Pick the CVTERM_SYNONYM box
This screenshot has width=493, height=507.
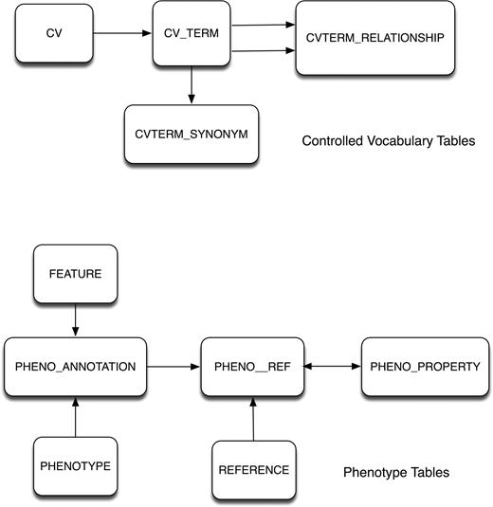pyautogui.click(x=192, y=134)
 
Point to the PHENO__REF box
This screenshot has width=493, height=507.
pyautogui.click(x=252, y=365)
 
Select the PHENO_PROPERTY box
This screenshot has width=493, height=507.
pyautogui.click(x=412, y=365)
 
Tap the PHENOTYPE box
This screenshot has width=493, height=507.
pyautogui.click(x=75, y=467)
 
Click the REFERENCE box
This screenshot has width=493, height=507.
pyautogui.click(x=251, y=469)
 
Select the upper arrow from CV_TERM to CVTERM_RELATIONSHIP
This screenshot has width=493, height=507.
pyautogui.click(x=263, y=26)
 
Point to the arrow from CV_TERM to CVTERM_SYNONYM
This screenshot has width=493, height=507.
pyautogui.click(x=192, y=86)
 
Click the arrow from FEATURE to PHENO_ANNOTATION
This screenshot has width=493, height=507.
pyautogui.click(x=75, y=319)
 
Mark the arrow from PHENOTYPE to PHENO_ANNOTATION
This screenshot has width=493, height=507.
pyautogui.click(x=75, y=417)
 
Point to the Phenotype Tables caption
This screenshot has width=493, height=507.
pyautogui.click(x=395, y=472)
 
